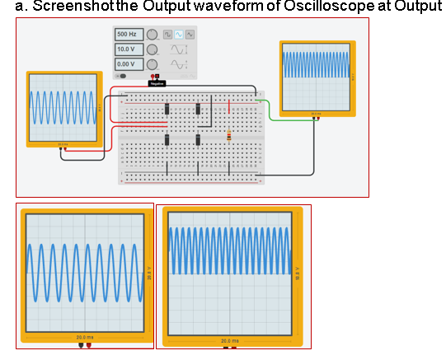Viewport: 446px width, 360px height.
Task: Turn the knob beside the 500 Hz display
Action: pos(153,35)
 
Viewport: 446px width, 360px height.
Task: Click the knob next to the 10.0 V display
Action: pos(153,49)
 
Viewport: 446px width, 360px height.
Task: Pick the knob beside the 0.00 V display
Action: pos(153,63)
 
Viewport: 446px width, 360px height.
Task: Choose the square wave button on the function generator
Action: pos(167,35)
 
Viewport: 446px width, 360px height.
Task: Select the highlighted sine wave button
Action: pos(178,35)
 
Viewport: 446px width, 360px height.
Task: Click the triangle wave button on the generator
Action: pos(190,35)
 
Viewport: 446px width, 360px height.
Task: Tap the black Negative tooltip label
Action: pos(156,83)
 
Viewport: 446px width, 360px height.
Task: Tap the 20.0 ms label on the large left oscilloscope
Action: pos(84,337)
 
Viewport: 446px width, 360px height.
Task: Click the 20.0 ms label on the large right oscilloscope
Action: pos(230,340)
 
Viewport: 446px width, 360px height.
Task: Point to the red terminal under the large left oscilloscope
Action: pos(89,346)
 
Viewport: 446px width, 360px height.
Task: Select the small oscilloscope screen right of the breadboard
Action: pos(317,77)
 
